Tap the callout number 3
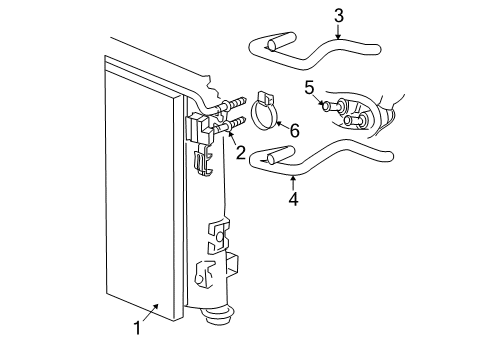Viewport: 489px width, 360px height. [x=339, y=15]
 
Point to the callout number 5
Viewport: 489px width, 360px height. [x=309, y=87]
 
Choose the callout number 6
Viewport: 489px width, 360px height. [x=294, y=131]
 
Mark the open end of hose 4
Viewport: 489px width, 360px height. [x=255, y=157]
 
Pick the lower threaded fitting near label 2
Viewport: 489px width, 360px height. [x=235, y=125]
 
